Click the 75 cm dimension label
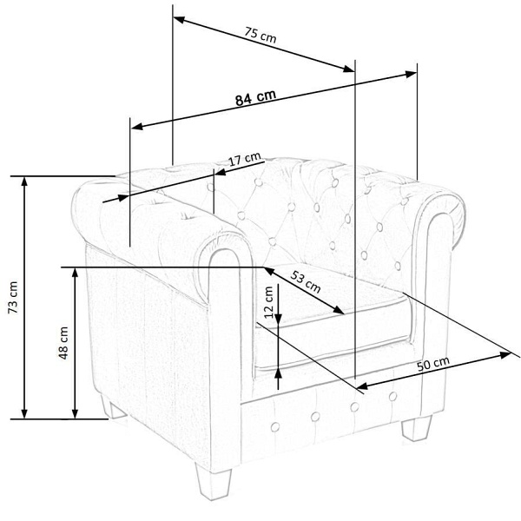tap(260, 36)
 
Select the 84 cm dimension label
tap(255, 97)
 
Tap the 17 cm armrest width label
tap(245, 159)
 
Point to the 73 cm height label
tap(13, 297)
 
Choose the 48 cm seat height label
tap(63, 343)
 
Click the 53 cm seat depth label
tap(306, 281)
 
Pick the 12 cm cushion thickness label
tap(268, 302)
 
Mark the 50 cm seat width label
tap(433, 364)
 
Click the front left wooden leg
tap(214, 485)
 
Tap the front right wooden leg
tap(417, 428)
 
